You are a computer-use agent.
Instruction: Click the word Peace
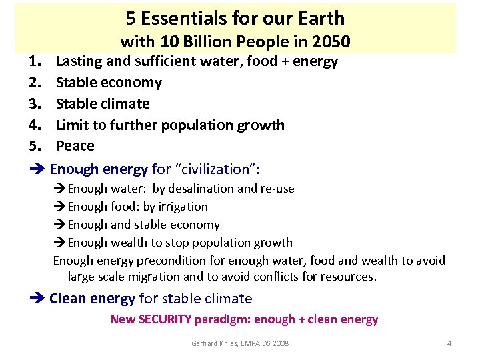pos(75,146)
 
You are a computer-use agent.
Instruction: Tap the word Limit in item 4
pos(71,125)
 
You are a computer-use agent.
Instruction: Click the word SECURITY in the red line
pos(165,319)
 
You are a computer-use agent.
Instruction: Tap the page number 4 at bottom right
pos(449,343)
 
